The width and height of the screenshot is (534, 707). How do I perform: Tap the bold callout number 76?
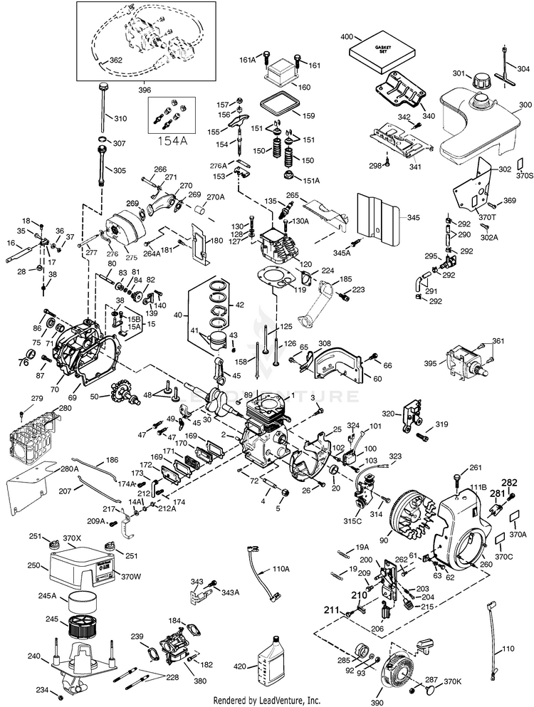pos(23,362)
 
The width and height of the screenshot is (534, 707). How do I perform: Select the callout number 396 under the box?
pos(144,91)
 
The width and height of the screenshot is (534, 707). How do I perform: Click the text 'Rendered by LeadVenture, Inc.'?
pos(267,701)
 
